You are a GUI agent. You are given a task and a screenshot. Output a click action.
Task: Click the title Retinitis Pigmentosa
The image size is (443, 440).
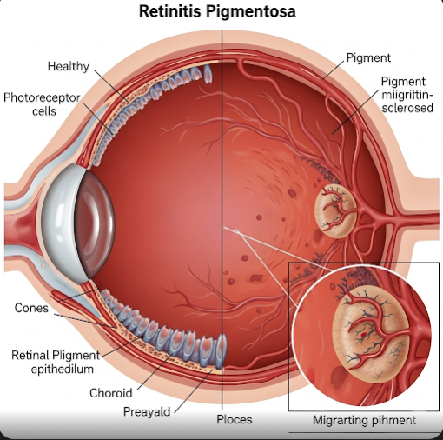tap(217, 11)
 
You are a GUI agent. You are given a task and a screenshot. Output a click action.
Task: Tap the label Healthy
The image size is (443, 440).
tap(69, 66)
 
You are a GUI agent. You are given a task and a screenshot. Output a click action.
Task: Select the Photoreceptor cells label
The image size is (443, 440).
tap(42, 104)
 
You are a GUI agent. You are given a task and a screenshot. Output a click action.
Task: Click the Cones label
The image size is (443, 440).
tap(31, 308)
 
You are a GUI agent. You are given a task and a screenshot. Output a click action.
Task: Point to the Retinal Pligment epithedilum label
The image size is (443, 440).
tap(56, 362)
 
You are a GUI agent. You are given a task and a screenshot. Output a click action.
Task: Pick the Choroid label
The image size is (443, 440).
tap(111, 393)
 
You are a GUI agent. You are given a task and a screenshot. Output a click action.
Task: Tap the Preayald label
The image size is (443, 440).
tap(147, 412)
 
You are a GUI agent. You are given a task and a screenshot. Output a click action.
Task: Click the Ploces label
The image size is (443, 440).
tap(235, 419)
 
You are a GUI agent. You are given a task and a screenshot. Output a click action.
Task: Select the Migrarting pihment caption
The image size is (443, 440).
tap(365, 420)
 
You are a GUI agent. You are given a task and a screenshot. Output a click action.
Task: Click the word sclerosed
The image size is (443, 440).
tap(407, 108)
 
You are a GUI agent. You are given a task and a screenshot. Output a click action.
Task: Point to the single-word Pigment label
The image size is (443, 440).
tap(368, 57)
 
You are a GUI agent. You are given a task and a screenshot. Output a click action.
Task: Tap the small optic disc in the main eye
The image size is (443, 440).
tap(336, 210)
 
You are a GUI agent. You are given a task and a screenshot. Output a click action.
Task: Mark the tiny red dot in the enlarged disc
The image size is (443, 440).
tap(363, 335)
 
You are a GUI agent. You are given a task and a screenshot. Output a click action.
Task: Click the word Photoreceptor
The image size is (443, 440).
tap(42, 98)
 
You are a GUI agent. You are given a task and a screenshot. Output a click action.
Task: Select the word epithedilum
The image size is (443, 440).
tap(63, 370)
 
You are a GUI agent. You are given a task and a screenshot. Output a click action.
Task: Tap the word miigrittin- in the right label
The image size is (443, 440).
tap(407, 95)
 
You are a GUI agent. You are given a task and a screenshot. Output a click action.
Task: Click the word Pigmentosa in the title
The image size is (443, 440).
tap(251, 11)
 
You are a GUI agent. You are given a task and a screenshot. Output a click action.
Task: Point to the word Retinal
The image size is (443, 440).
tap(30, 356)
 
